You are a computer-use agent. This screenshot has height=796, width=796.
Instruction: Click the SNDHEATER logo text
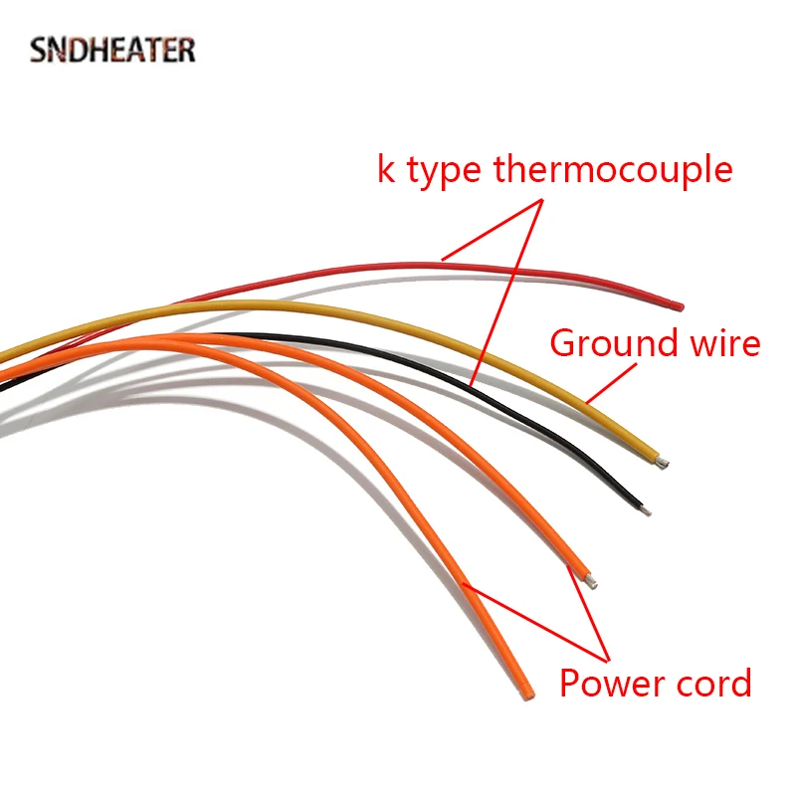point(112,50)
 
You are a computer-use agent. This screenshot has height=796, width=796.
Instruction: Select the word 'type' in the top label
point(445,172)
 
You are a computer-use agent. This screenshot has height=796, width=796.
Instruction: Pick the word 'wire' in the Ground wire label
point(723,343)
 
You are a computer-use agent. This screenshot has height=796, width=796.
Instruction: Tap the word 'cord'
point(709,685)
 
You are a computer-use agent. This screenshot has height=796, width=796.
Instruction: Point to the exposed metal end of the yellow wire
point(664,463)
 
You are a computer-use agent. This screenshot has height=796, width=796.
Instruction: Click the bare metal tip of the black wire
point(647,510)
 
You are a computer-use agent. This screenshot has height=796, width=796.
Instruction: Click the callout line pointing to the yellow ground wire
point(611,383)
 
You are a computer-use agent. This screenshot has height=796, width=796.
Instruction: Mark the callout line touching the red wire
point(493,229)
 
